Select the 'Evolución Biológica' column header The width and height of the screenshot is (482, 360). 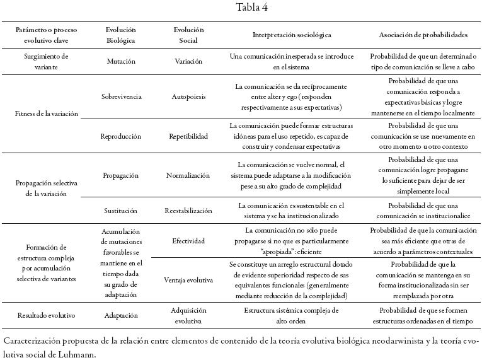click(121, 35)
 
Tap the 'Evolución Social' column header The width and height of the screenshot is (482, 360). click(188, 35)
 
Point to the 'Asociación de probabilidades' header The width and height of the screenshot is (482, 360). click(423, 35)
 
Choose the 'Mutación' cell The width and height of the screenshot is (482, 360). click(121, 62)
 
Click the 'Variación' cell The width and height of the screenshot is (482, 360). click(188, 62)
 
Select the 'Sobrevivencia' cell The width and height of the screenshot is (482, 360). click(121, 97)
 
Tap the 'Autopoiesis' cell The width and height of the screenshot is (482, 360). click(188, 97)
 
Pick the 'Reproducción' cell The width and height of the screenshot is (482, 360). click(121, 136)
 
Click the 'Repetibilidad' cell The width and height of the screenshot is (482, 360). click(188, 136)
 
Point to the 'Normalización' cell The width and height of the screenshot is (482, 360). click(188, 175)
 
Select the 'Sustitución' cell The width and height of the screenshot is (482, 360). click(121, 210)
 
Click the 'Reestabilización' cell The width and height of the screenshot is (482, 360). click(188, 210)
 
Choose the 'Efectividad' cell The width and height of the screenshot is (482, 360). click(188, 241)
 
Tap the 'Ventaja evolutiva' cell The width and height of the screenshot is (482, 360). click(188, 280)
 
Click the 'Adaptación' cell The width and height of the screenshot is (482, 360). click(121, 315)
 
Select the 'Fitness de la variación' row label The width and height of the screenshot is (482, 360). click(47, 114)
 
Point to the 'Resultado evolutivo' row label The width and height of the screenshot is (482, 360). click(47, 315)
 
